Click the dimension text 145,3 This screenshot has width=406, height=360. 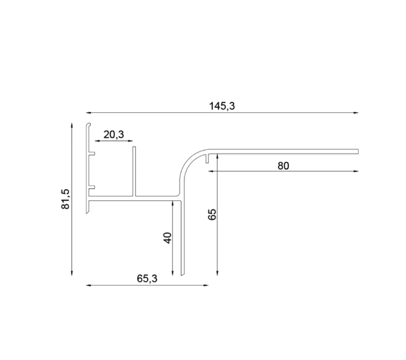[x=222, y=106]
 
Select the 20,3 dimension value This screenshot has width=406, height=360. [x=114, y=134]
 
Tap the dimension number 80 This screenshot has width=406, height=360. [x=283, y=166]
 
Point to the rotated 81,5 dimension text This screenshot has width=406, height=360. [x=66, y=199]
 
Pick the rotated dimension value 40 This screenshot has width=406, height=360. [x=168, y=238]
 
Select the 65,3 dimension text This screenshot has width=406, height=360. [x=147, y=278]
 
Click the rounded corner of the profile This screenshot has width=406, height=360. [x=189, y=163]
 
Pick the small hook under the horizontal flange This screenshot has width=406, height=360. [x=207, y=158]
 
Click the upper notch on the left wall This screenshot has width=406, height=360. [x=92, y=154]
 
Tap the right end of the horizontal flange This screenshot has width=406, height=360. [x=357, y=151]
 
